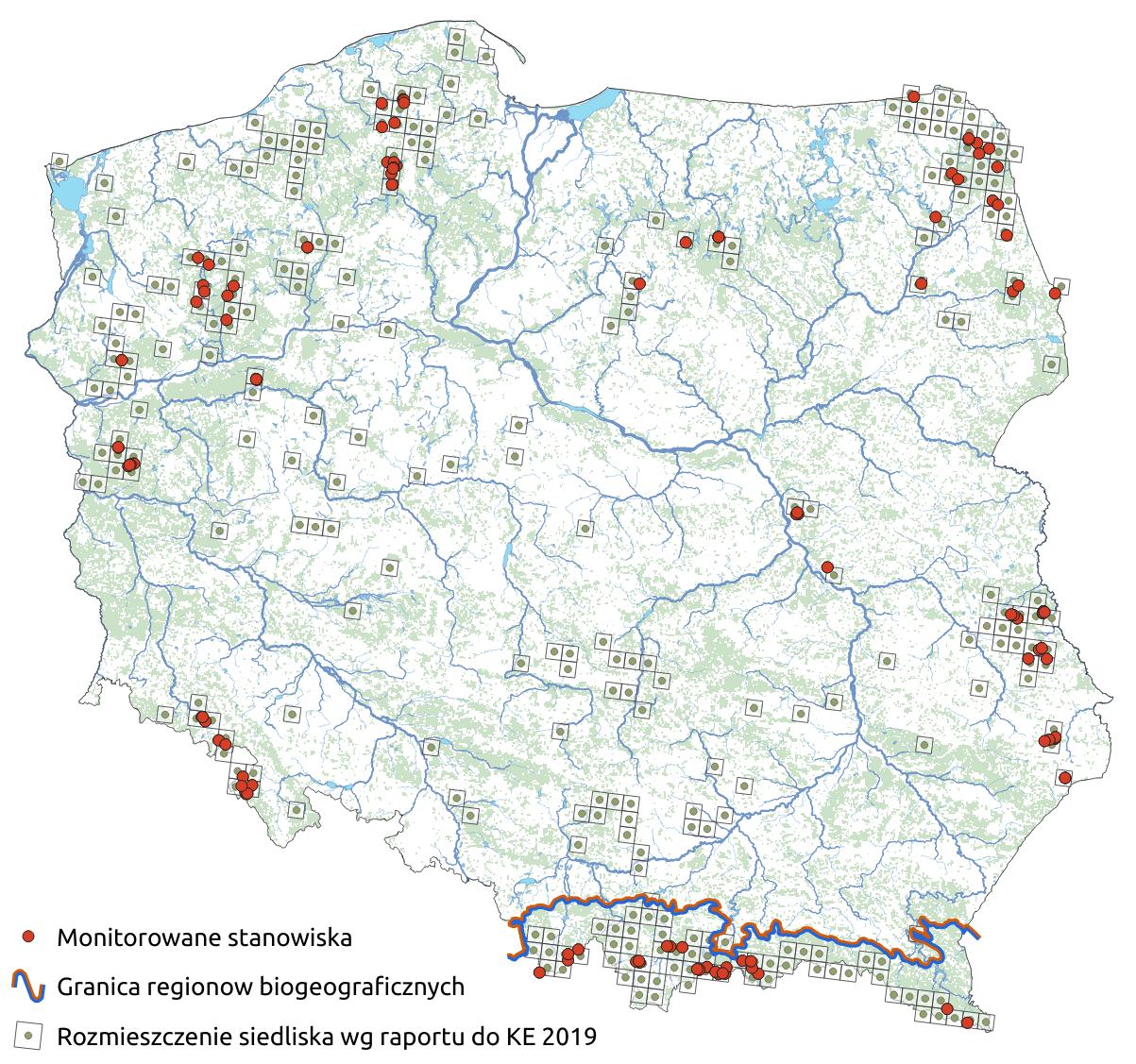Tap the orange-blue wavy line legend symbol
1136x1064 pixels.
(29, 986)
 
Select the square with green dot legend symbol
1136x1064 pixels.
(29, 1036)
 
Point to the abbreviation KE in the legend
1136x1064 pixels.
(518, 1037)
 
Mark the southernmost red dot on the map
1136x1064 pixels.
(967, 1022)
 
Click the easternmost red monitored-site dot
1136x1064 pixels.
(1064, 777)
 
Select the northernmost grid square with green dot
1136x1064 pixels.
(456, 38)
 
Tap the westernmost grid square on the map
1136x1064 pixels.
(59, 161)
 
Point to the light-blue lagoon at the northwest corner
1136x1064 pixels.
(68, 194)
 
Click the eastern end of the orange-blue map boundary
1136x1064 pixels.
(976, 936)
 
